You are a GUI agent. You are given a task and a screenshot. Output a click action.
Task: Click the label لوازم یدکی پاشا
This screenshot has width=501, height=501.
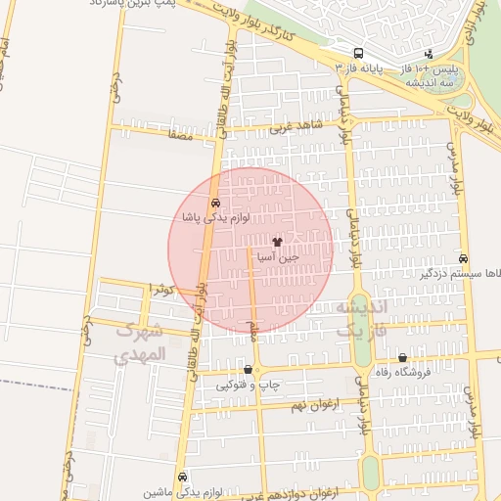pyautogui.click(x=216, y=216)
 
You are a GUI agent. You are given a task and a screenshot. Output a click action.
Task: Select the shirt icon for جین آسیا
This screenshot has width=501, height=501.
pyautogui.click(x=277, y=241)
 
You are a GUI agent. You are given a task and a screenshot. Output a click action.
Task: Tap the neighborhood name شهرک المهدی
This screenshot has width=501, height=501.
pyautogui.click(x=136, y=343)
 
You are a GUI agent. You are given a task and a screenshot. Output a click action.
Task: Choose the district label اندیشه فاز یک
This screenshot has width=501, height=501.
pyautogui.click(x=362, y=319)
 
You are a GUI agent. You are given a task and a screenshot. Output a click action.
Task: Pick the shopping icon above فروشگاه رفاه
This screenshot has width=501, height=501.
pyautogui.click(x=402, y=358)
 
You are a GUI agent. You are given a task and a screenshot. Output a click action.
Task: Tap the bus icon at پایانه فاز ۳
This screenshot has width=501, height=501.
pyautogui.click(x=359, y=53)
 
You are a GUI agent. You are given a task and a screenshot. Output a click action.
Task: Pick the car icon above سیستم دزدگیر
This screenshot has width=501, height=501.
pyautogui.click(x=462, y=258)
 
